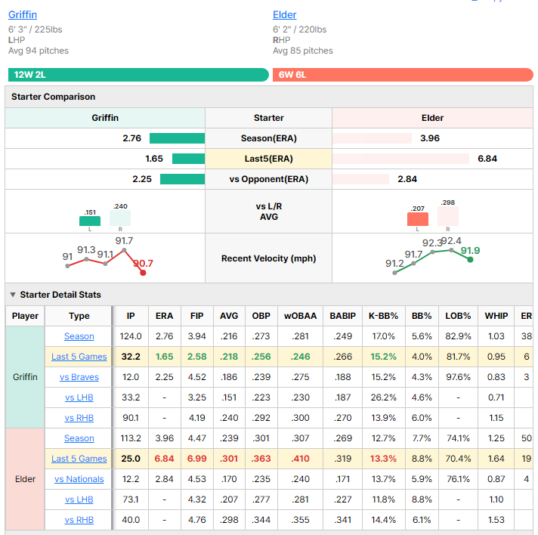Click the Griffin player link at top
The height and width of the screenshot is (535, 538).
click(23, 15)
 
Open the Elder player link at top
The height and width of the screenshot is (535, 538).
click(284, 15)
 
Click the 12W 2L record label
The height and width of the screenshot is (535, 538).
click(30, 75)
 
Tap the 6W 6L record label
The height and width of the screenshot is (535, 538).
click(292, 75)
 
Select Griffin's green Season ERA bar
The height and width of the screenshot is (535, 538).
click(177, 138)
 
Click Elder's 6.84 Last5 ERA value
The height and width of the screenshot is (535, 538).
click(487, 159)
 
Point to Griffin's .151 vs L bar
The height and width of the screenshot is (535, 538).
click(90, 221)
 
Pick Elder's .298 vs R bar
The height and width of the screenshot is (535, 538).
click(448, 216)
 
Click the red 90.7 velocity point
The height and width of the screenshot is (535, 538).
click(143, 273)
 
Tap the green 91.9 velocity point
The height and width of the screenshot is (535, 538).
click(470, 260)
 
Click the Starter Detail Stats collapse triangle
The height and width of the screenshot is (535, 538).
click(13, 295)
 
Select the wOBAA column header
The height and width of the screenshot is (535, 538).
click(300, 316)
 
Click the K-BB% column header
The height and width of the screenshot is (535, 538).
click(383, 316)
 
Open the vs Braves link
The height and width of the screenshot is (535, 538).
click(79, 377)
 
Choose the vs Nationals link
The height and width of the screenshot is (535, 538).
click(79, 479)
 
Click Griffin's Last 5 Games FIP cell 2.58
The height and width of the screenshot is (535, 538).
click(197, 357)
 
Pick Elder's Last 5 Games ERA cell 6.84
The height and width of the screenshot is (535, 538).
click(165, 459)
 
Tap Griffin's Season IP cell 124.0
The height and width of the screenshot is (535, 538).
click(131, 336)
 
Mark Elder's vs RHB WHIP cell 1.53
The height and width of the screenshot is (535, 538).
click(496, 520)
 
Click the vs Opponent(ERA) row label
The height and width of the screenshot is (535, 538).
click(269, 179)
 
